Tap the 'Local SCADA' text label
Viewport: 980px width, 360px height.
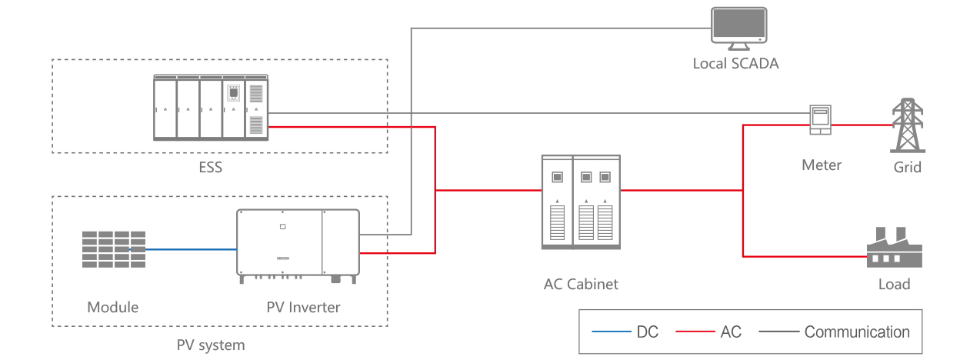(x=735, y=64)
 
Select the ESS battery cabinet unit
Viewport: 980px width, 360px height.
(x=211, y=108)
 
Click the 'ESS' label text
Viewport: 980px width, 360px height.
(x=209, y=165)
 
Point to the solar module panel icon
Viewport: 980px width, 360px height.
(x=114, y=248)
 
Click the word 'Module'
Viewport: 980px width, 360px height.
(x=113, y=307)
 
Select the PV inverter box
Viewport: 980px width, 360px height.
(x=298, y=243)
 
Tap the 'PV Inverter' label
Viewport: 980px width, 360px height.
(x=303, y=307)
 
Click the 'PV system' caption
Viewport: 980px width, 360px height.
(x=210, y=345)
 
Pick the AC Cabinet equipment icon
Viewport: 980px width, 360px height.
(x=581, y=202)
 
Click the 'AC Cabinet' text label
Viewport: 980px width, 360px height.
(x=581, y=284)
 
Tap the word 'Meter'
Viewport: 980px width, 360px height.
(x=822, y=165)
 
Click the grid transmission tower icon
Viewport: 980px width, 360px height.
(x=908, y=126)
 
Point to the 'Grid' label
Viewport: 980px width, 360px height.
(x=908, y=167)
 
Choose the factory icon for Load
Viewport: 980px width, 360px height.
(x=894, y=248)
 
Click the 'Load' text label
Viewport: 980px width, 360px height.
(x=894, y=284)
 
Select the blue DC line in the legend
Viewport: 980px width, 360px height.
(x=611, y=332)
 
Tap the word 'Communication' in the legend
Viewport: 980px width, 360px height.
(x=857, y=332)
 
